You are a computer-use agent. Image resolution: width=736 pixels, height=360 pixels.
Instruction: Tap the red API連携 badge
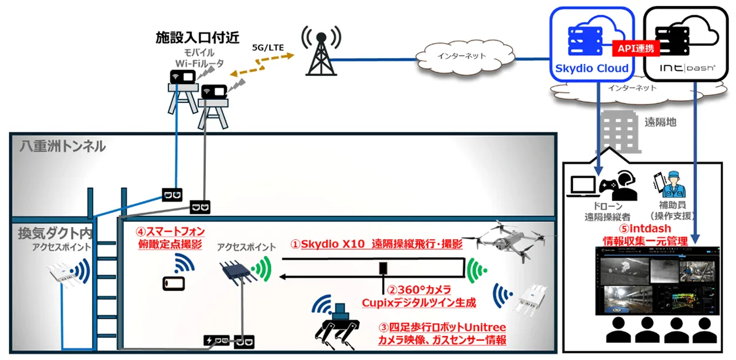pos(636,48)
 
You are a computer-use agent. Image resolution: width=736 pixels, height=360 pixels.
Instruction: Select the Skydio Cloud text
pos(591,68)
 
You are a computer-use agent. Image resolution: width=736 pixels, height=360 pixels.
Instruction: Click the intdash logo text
pos(688,68)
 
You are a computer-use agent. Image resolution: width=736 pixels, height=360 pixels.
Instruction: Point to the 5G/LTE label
pos(268,48)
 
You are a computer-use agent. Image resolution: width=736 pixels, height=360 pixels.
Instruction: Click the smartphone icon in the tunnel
pos(174,284)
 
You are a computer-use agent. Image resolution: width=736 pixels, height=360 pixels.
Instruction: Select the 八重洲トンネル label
pos(63,147)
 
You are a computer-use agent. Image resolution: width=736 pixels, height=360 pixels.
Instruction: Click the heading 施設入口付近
pos(197,38)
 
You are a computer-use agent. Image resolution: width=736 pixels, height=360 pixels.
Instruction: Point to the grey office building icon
pos(619,131)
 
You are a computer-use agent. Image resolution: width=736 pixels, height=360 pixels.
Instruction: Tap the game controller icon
pos(609,186)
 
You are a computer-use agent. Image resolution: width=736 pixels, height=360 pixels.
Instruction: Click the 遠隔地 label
pos(661,122)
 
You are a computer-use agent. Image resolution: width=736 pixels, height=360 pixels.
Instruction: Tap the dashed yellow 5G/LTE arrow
pos(262,65)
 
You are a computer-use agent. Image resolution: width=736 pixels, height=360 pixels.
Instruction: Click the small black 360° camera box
pos(383,268)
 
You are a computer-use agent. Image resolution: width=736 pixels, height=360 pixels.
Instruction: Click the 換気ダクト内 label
pos(55,234)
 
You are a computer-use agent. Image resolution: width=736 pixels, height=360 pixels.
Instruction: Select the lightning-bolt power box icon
pos(216,340)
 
